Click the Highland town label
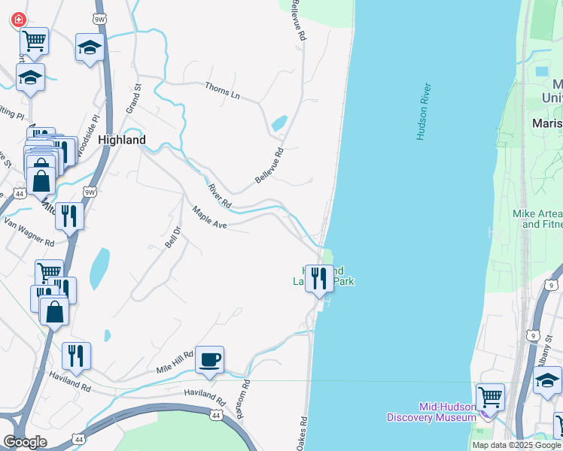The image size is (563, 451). [x=121, y=140]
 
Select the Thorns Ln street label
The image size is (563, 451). [x=222, y=91]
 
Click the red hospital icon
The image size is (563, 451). [x=17, y=20]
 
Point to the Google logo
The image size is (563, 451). [x=25, y=441]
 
